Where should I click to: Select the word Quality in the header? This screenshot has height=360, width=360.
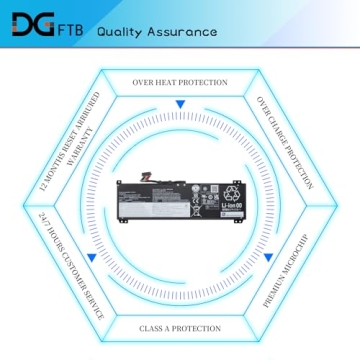pyautogui.click(x=120, y=30)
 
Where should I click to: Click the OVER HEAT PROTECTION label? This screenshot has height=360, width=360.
pyautogui.click(x=180, y=82)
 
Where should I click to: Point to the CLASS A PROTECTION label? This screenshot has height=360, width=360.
pyautogui.click(x=180, y=328)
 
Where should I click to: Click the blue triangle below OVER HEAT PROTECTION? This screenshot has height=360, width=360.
pyautogui.click(x=180, y=103)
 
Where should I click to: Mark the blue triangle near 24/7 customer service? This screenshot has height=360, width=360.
pyautogui.click(x=90, y=259)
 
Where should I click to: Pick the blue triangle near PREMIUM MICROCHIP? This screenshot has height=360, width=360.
pyautogui.click(x=269, y=258)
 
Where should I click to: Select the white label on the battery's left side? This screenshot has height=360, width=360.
pyautogui.click(x=136, y=200)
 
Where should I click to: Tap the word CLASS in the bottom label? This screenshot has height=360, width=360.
pyautogui.click(x=152, y=328)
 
